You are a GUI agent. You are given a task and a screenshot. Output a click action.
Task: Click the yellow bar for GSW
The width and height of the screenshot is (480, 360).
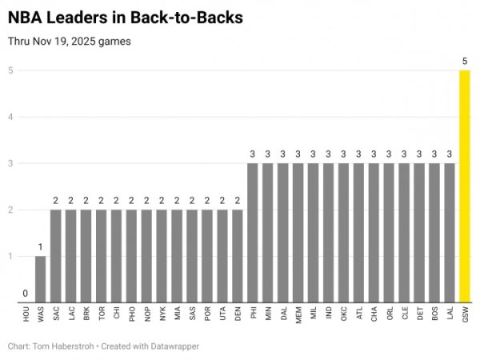(465, 186)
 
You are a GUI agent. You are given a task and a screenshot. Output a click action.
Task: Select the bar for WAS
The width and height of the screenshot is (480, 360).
(40, 279)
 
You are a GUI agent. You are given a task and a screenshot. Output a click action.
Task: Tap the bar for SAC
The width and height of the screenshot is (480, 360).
(55, 256)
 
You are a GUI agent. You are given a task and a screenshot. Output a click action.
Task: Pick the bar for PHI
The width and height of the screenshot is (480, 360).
(252, 233)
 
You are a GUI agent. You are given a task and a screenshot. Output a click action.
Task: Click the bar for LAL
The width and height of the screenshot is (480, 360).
(450, 233)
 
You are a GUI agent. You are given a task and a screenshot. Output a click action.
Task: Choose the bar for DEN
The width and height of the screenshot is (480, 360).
(237, 256)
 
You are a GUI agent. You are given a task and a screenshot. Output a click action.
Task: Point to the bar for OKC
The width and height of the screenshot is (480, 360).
(343, 233)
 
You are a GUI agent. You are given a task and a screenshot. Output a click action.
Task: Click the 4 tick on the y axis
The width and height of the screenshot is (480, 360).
(11, 117)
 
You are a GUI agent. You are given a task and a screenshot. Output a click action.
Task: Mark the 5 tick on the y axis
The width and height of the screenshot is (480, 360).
(11, 70)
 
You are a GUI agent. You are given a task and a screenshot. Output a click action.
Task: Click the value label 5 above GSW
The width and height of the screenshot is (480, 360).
(465, 61)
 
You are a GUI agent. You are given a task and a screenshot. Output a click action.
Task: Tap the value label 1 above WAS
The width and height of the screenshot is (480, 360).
(40, 247)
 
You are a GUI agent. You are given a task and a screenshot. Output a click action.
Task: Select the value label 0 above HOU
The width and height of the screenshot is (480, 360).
(25, 294)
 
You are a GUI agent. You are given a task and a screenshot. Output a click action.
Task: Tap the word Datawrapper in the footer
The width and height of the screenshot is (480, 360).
(173, 346)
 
